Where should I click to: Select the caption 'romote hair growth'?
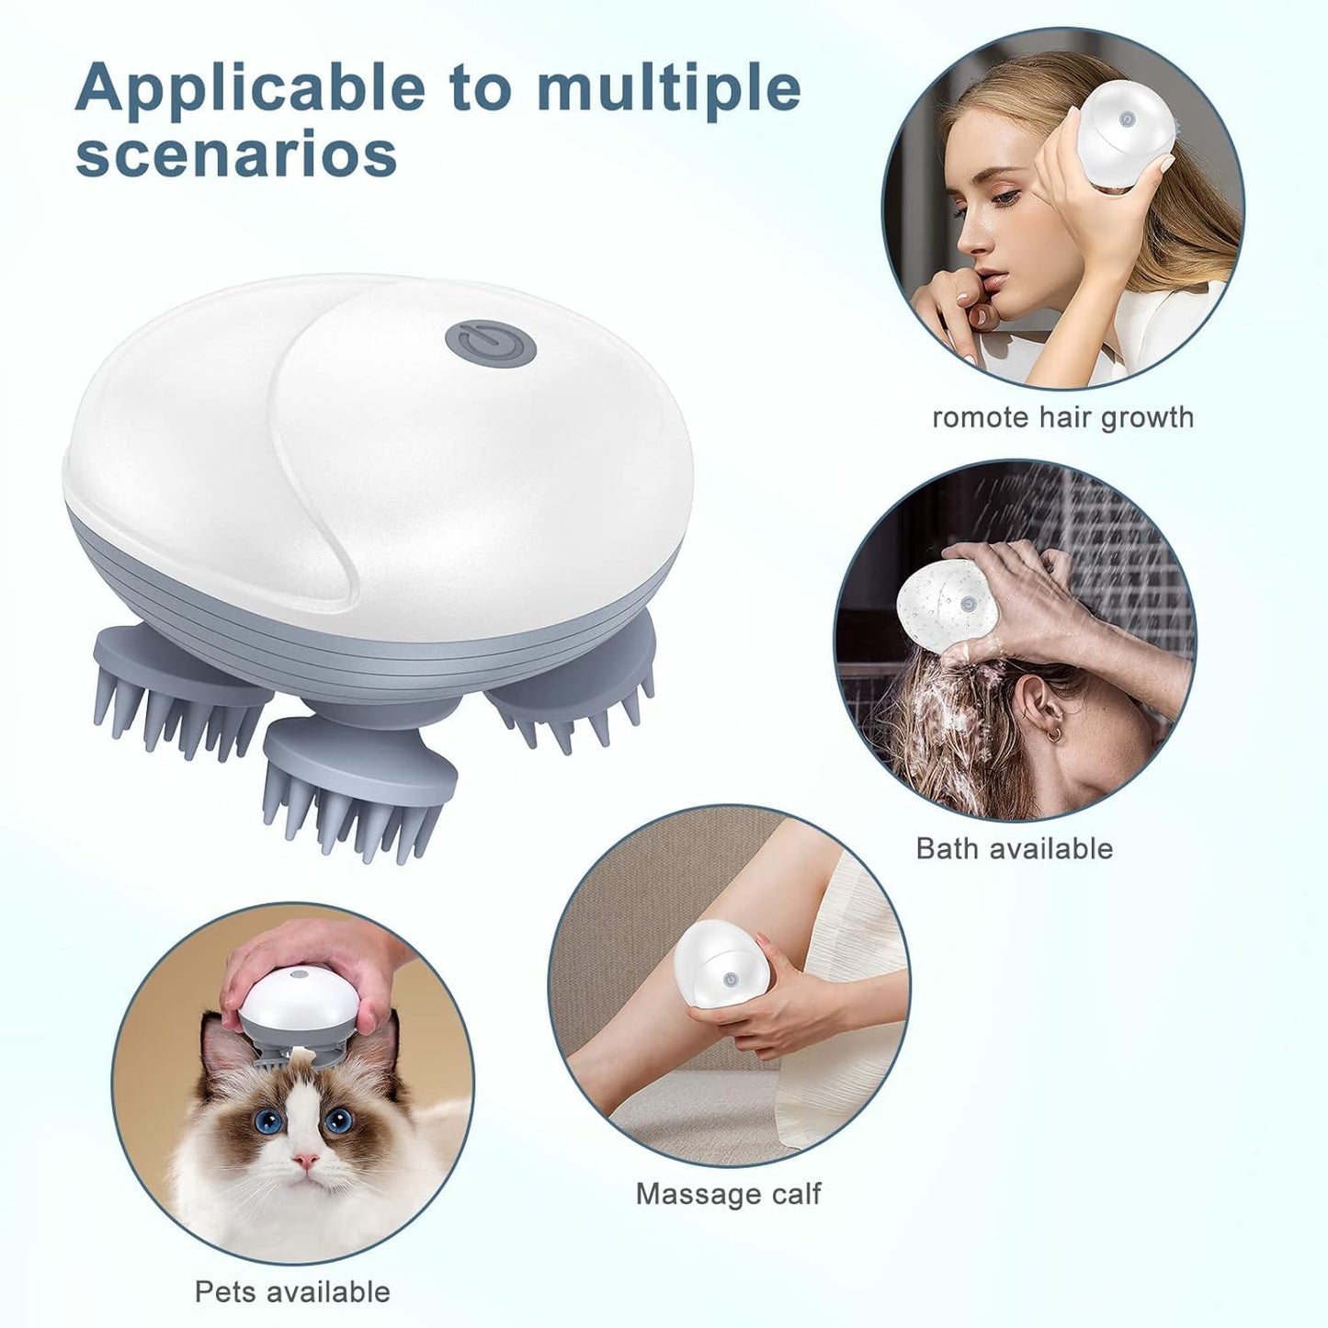click(x=1062, y=417)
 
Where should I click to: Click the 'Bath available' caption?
click(x=1014, y=847)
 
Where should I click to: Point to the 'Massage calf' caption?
click(x=728, y=1194)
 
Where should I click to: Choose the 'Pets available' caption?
click(x=292, y=1291)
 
